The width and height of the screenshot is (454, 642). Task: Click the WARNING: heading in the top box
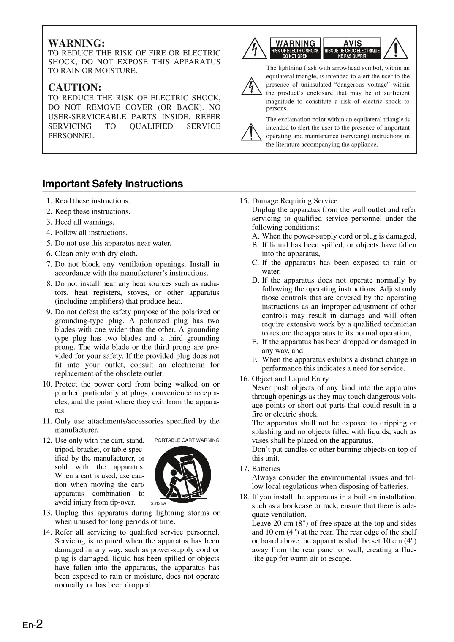76,43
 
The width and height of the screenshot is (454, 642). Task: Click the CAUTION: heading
75,88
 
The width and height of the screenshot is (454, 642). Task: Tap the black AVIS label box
352,48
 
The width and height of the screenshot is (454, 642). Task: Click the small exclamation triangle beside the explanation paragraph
250,132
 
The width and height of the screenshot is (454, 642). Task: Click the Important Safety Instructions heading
113,184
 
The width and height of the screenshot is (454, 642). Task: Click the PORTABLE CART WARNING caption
187,440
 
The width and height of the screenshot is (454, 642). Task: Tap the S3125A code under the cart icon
158,503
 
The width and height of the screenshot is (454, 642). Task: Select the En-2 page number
33,624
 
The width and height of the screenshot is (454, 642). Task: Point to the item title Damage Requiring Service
294,201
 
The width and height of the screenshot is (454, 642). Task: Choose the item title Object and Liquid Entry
290,379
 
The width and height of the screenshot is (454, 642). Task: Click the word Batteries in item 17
266,469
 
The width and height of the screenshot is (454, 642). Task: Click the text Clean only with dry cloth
96,254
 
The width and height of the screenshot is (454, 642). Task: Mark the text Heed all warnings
84,222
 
